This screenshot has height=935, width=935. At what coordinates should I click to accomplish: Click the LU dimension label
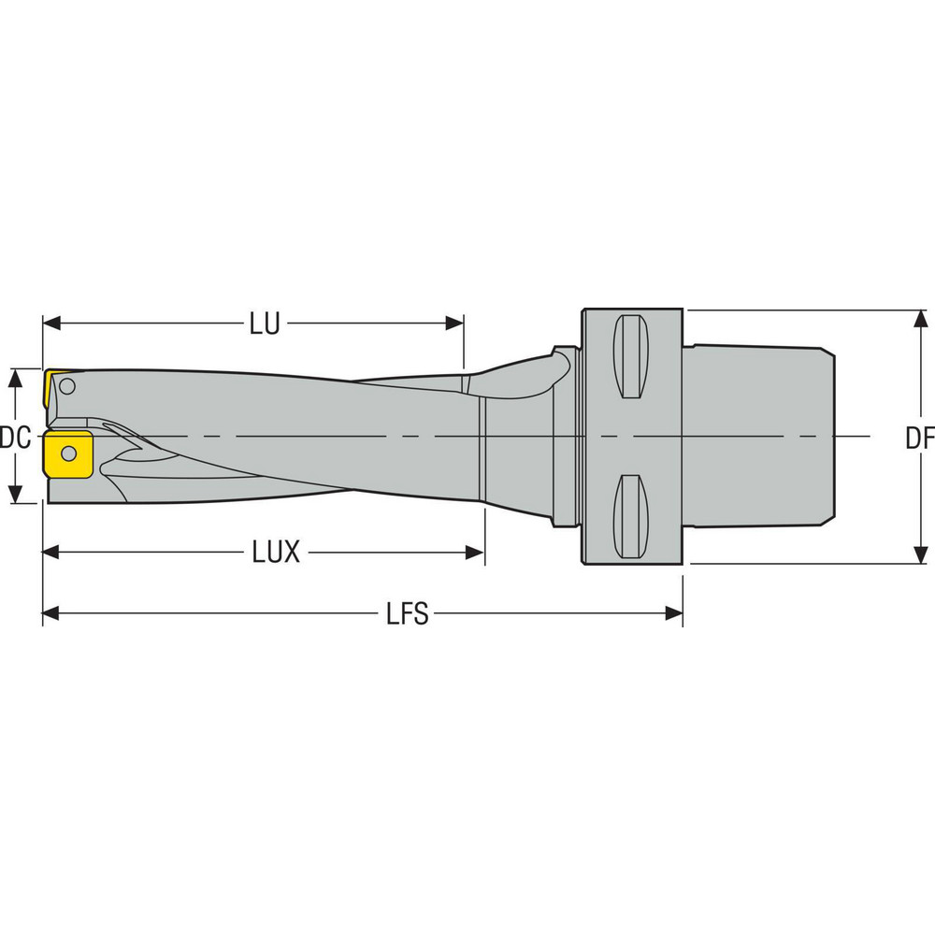point(265,324)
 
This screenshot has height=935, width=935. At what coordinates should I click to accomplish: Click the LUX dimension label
point(276,553)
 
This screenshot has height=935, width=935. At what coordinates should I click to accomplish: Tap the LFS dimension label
point(408,614)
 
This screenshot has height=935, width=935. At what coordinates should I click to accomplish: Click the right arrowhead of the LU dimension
point(455,324)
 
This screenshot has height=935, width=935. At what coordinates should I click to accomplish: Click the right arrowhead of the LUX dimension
point(476,553)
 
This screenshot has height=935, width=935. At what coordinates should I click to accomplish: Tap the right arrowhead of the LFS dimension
point(674,613)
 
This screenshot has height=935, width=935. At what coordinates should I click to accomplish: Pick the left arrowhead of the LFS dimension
point(50,613)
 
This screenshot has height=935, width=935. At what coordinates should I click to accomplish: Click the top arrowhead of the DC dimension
point(16,377)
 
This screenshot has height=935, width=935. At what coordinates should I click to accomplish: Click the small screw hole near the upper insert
point(67,384)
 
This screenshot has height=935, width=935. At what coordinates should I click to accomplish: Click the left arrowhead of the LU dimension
point(50,324)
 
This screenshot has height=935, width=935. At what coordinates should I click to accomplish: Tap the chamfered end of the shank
point(827,437)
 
